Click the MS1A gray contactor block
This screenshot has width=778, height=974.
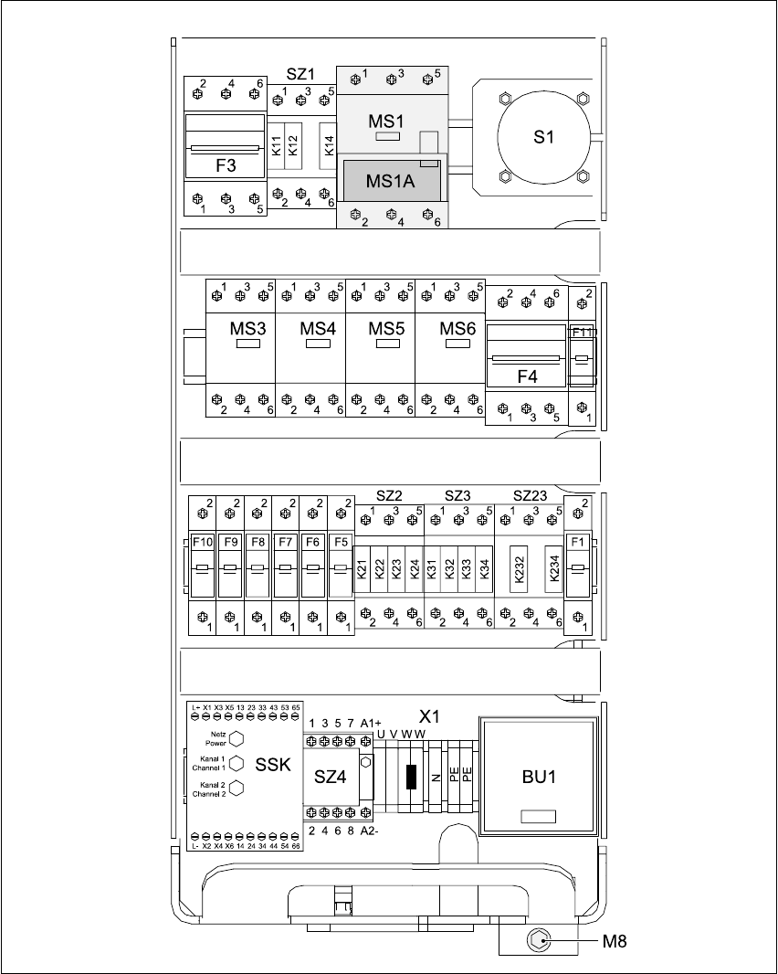point(391,180)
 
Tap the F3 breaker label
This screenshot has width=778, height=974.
point(226,166)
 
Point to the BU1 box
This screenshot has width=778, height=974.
point(539,776)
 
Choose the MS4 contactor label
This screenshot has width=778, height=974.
point(318,329)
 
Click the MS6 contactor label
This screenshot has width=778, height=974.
point(458,329)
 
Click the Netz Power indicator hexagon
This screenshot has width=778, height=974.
point(236,739)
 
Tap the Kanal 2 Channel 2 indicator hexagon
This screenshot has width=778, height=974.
point(236,789)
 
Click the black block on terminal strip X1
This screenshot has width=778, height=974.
point(411,776)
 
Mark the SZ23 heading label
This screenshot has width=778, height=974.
point(530,495)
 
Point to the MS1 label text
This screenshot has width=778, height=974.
point(386,121)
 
